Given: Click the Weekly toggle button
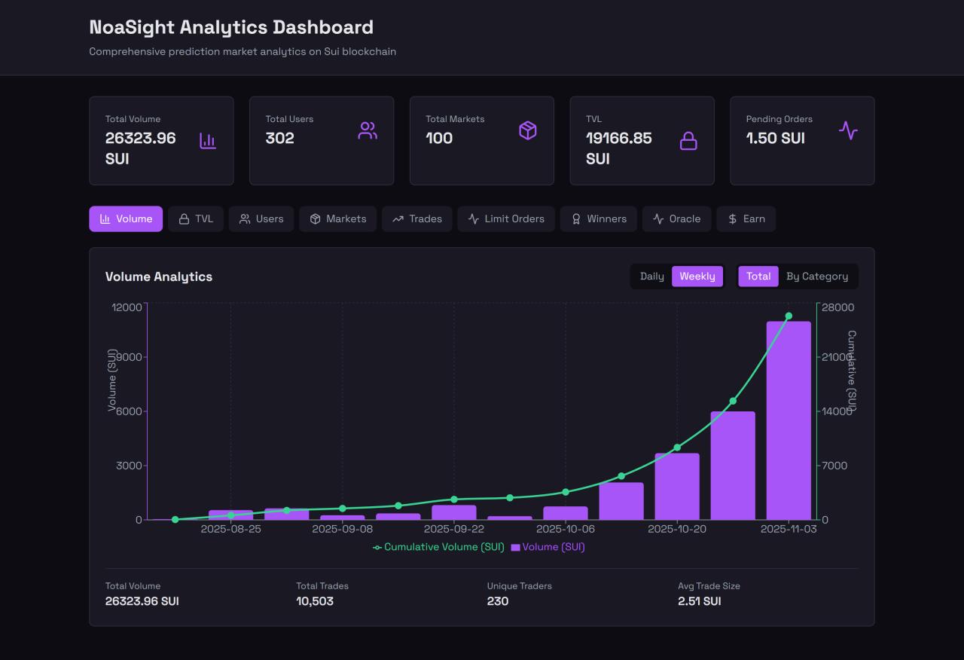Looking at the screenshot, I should click(x=697, y=277).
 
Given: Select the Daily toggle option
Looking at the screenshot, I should click(x=651, y=277).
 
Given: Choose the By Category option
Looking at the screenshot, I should click(x=817, y=277).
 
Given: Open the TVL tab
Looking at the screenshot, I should click(x=196, y=219).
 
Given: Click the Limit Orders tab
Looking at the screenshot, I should click(x=506, y=219).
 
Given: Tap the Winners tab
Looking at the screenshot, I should click(x=599, y=219).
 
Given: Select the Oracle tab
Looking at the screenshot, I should click(x=676, y=219).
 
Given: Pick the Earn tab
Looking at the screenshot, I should click(x=746, y=219).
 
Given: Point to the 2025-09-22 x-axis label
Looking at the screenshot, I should click(x=454, y=529).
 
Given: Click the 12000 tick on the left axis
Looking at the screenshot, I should click(x=127, y=307).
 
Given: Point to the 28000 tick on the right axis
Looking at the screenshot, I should click(x=837, y=307).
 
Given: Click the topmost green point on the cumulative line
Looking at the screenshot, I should click(x=789, y=316).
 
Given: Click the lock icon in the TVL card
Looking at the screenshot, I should click(x=688, y=141).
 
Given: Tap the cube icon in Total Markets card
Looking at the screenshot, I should click(x=528, y=131).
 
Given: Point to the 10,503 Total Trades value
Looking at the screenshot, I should click(x=315, y=601).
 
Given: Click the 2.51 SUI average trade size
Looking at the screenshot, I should click(x=699, y=601).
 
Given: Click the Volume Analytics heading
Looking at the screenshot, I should click(x=159, y=277).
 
